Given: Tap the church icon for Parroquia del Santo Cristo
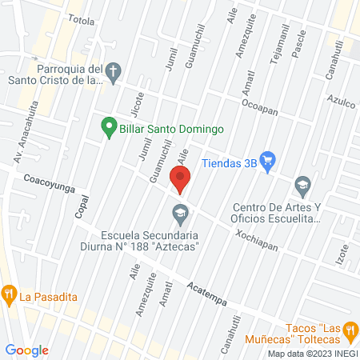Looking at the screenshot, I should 114,71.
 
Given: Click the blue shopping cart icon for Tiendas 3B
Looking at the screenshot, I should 268,161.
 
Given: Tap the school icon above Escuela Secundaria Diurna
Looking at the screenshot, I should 179,214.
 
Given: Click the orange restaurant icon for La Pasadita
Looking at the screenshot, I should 9,294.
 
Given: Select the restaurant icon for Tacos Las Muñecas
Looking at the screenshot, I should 349,330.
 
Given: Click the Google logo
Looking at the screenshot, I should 27,350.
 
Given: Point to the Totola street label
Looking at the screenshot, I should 81,19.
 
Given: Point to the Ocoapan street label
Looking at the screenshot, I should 259,108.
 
